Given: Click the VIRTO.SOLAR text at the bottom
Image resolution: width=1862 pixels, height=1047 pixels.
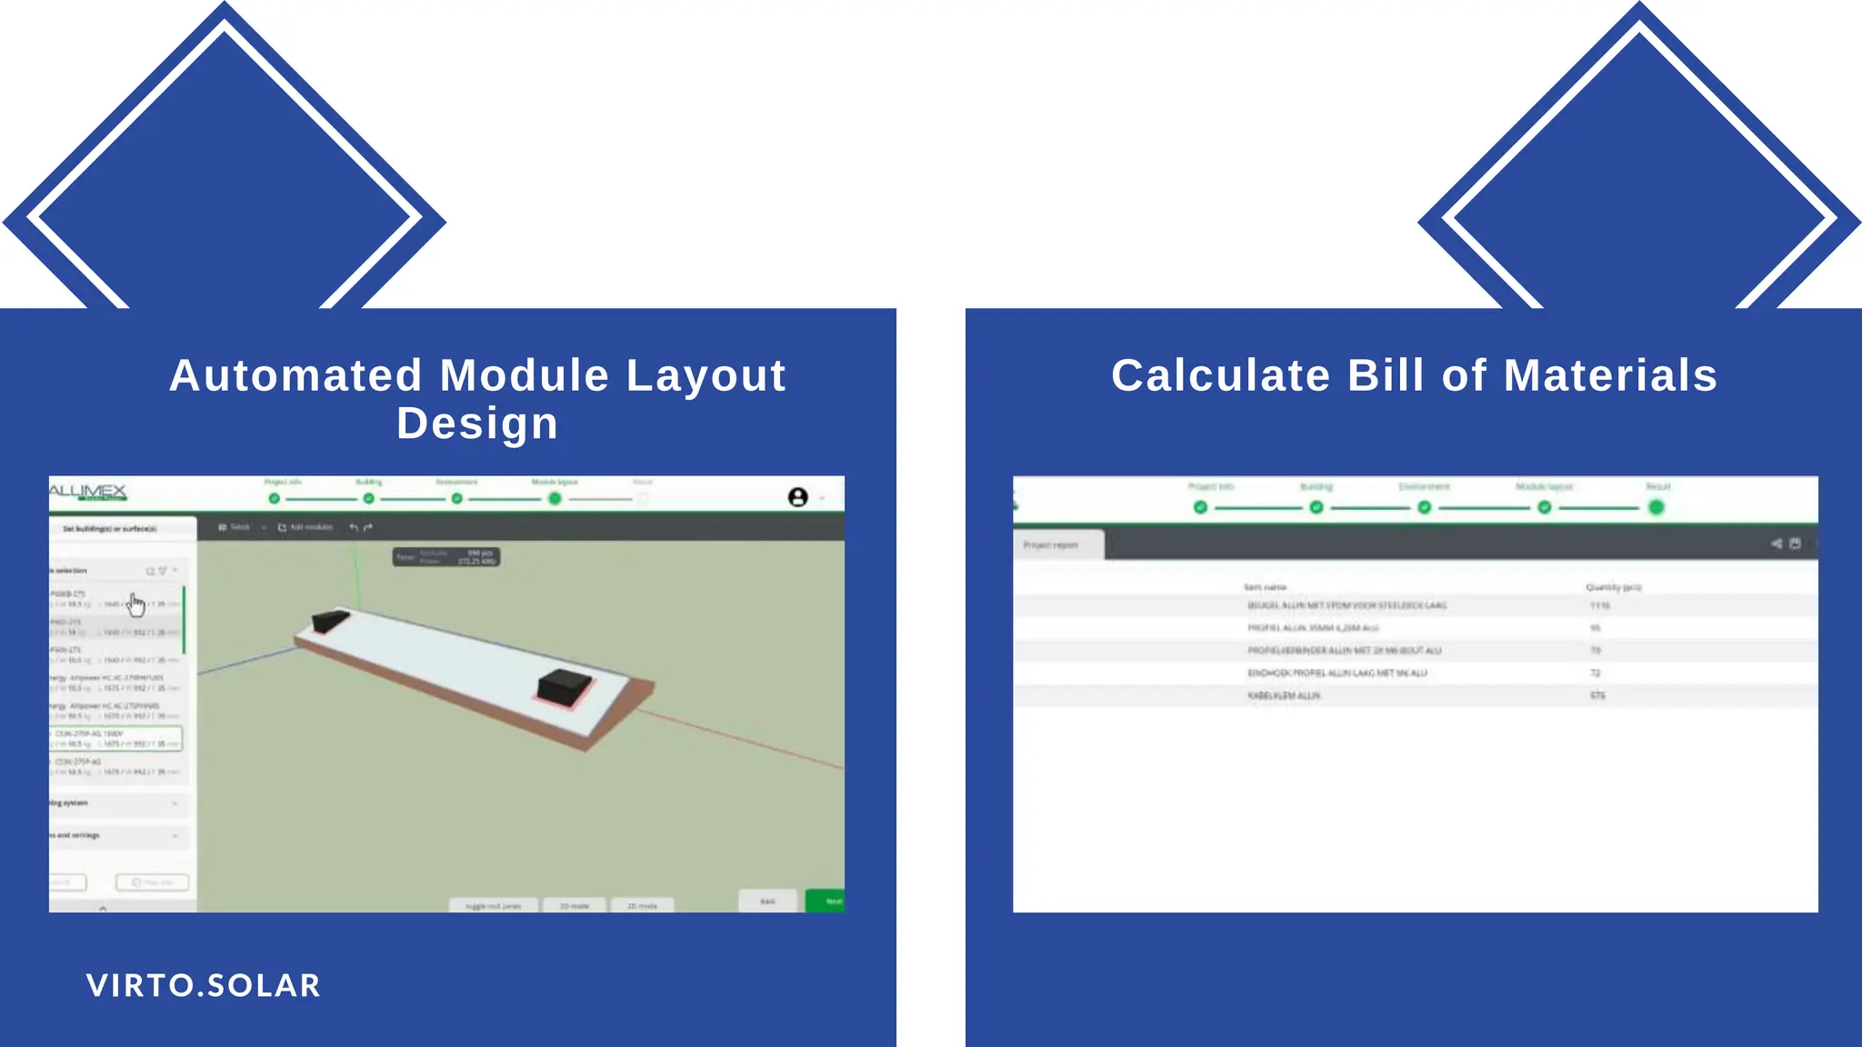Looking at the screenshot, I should pyautogui.click(x=204, y=985).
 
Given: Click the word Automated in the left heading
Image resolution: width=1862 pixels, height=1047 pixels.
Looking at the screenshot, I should pyautogui.click(x=295, y=375).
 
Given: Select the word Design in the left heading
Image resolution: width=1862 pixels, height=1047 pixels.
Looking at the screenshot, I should pyautogui.click(x=477, y=424).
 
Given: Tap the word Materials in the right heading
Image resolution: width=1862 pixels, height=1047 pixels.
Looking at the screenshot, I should pyautogui.click(x=1610, y=375).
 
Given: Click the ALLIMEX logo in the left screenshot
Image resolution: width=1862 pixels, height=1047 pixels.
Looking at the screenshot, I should pyautogui.click(x=87, y=493).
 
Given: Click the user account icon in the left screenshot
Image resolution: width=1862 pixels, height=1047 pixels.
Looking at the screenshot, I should pyautogui.click(x=797, y=497).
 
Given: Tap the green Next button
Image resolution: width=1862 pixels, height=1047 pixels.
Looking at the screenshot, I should pyautogui.click(x=829, y=901).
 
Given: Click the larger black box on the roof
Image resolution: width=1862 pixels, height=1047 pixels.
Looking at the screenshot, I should pyautogui.click(x=565, y=686).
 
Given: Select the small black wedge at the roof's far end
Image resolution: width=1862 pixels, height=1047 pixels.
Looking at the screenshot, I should pyautogui.click(x=329, y=621).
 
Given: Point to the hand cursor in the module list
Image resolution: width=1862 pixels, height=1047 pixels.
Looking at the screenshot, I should pyautogui.click(x=135, y=603).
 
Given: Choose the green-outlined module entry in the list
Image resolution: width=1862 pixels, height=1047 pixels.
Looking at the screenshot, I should pyautogui.click(x=115, y=738).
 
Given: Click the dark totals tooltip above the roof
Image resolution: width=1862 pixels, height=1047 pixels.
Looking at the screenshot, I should pyautogui.click(x=446, y=556).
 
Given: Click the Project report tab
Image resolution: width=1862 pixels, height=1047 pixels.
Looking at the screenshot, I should pyautogui.click(x=1056, y=544).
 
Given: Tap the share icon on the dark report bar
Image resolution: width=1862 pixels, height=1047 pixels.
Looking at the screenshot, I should pyautogui.click(x=1776, y=543).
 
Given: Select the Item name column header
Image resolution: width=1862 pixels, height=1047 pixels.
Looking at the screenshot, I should pyautogui.click(x=1265, y=587).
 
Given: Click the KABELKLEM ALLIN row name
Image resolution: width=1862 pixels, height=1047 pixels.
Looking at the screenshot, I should pyautogui.click(x=1284, y=695).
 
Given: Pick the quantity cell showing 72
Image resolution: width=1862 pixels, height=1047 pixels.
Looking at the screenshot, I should pyautogui.click(x=1595, y=673).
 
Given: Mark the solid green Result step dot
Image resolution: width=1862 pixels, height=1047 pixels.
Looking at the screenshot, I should pyautogui.click(x=1656, y=507).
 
